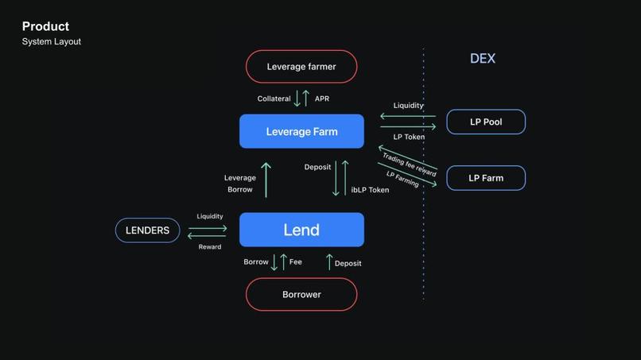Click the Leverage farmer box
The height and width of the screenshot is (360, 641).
(x=301, y=67)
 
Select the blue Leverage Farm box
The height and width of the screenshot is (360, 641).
(x=301, y=131)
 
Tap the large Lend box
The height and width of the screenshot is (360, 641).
(x=301, y=230)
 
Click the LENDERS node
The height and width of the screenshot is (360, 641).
(x=148, y=230)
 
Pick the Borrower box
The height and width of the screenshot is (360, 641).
(x=301, y=294)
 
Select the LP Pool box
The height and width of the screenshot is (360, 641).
(x=486, y=122)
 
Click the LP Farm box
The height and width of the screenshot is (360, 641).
(x=486, y=178)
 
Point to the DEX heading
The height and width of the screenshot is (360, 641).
(x=483, y=59)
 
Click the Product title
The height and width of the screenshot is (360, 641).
(x=45, y=27)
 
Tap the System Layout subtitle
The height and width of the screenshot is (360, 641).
(x=51, y=41)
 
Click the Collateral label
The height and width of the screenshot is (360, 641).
(x=274, y=99)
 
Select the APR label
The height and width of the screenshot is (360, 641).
(x=322, y=99)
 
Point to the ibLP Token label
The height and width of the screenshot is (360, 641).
(x=371, y=191)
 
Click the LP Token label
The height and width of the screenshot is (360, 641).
(x=409, y=137)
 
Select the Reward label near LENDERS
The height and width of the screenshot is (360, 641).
(x=210, y=247)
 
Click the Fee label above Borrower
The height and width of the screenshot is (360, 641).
(x=295, y=262)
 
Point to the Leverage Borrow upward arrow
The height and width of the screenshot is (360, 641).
(x=266, y=180)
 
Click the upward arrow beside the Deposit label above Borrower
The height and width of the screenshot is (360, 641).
(x=329, y=261)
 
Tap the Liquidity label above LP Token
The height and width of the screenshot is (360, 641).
(x=409, y=106)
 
